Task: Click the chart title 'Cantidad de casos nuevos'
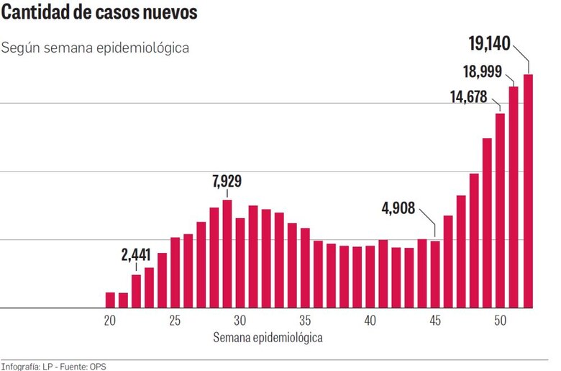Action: (x=101, y=14)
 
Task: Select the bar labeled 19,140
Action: (x=527, y=191)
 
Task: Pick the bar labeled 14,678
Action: (x=501, y=210)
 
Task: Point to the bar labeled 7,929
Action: (x=227, y=254)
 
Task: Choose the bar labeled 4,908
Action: (x=435, y=274)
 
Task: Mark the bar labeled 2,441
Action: (x=136, y=291)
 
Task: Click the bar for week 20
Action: (x=110, y=300)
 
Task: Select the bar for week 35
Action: (x=305, y=268)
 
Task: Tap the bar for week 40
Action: (x=370, y=277)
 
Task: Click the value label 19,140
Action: (x=489, y=44)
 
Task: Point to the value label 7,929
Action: (x=227, y=181)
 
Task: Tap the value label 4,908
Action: (x=397, y=208)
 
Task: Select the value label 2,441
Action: (x=136, y=254)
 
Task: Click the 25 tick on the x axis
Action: (x=175, y=321)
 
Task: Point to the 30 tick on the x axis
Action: (x=240, y=321)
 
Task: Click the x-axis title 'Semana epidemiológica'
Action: (x=268, y=337)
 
